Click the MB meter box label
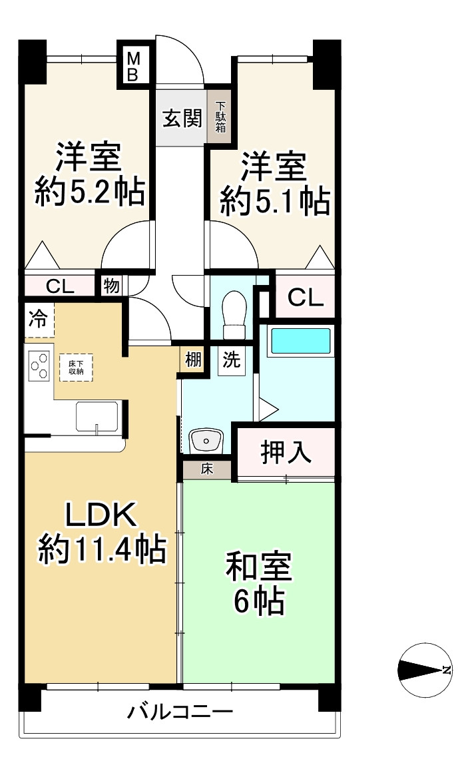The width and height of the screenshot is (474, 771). (132, 65)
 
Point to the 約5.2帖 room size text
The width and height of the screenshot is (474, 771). (89, 193)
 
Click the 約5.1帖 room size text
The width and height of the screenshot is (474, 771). (274, 201)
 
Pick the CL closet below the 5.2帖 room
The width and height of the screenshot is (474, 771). (59, 287)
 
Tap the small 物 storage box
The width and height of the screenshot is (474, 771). (111, 287)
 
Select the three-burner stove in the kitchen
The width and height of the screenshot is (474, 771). (39, 366)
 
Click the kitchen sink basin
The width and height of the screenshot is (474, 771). (97, 417)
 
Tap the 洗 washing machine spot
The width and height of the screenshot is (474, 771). (231, 360)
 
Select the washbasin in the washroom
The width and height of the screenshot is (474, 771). (206, 440)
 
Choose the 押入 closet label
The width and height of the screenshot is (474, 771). (286, 452)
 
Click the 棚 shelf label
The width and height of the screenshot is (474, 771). (192, 360)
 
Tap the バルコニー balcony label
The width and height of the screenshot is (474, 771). (180, 712)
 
